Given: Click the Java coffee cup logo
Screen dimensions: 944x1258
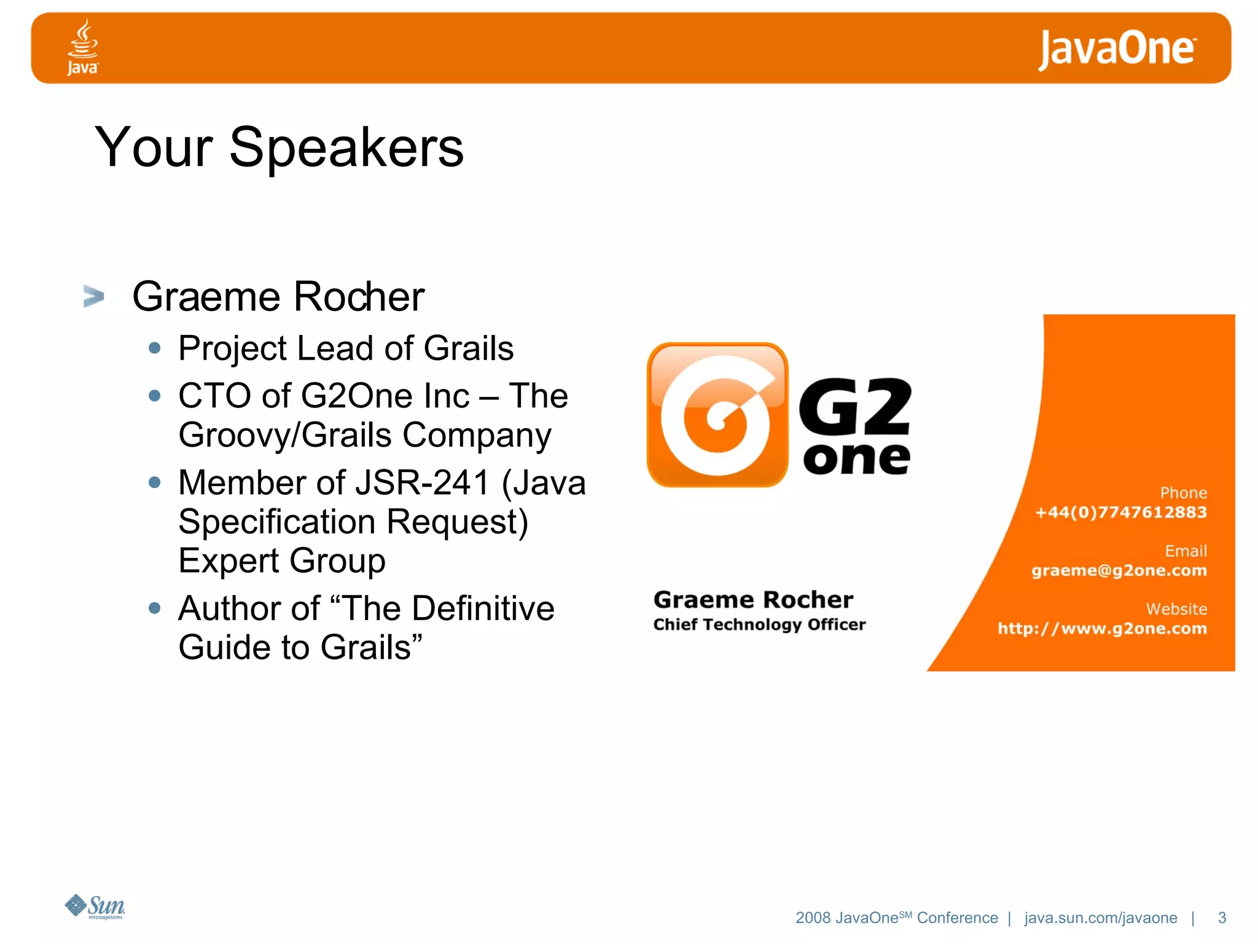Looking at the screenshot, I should point(82,47).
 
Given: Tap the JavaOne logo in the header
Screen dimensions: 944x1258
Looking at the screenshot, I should point(1117,49).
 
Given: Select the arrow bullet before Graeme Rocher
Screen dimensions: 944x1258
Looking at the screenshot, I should point(93,296).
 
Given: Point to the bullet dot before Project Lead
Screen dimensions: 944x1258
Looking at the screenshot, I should point(155,348).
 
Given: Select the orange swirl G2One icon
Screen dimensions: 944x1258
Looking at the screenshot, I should point(717,415).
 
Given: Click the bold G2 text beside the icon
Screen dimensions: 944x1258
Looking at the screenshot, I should point(855,406).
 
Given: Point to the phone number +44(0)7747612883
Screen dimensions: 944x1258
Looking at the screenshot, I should point(1120,512).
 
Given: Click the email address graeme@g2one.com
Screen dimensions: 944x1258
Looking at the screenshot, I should point(1119,570).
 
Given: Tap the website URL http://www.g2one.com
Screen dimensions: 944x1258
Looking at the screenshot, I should point(1102,628).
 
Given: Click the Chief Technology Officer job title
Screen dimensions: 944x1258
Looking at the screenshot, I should point(759,624).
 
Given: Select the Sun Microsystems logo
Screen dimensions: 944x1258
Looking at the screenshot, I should point(95,907).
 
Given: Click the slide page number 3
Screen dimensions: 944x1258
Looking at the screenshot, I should point(1222,918).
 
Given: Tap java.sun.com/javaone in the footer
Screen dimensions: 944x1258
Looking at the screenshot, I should point(1100,918).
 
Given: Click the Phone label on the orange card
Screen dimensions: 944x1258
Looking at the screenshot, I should point(1183,493).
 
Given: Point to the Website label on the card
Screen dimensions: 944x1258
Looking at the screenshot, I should point(1176,609).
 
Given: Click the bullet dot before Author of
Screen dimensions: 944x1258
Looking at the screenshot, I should point(155,608).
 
